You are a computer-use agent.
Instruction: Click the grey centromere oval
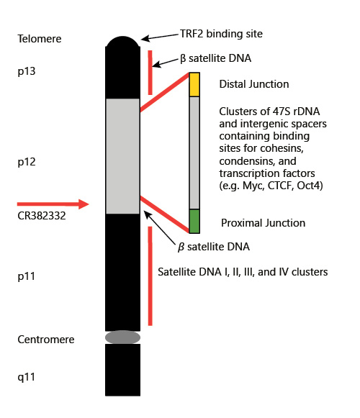(x=122, y=337)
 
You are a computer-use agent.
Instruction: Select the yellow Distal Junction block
(x=194, y=84)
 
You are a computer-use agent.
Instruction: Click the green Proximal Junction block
(x=194, y=221)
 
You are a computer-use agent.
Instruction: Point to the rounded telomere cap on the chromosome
(x=122, y=42)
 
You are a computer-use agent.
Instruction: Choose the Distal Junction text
(x=254, y=84)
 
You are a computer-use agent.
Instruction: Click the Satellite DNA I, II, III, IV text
(x=243, y=272)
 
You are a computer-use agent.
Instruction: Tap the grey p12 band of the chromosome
(x=122, y=155)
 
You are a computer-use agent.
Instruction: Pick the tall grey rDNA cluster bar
(x=194, y=153)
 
